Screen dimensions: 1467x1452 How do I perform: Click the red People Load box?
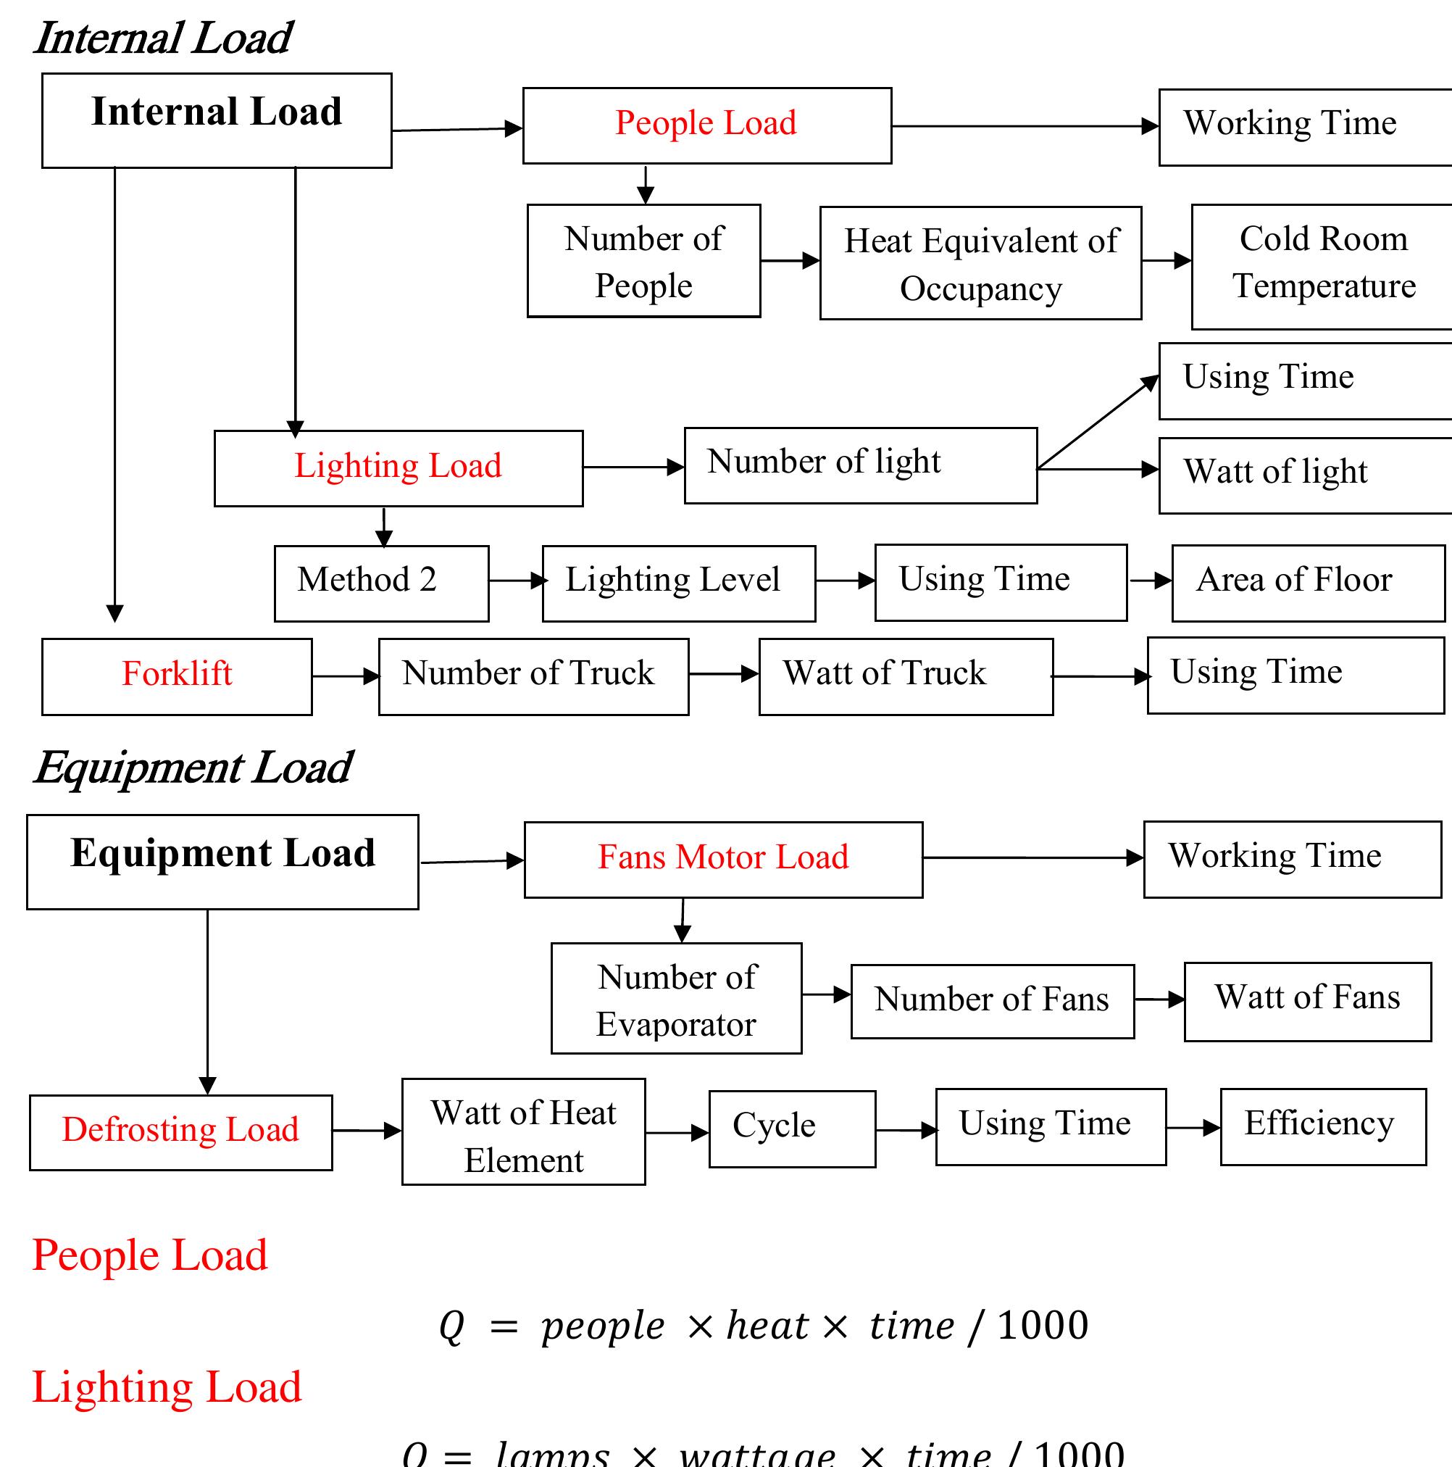pyautogui.click(x=706, y=125)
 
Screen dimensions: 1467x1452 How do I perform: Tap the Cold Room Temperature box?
pyautogui.click(x=1323, y=265)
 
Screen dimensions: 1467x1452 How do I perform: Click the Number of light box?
pyautogui.click(x=860, y=465)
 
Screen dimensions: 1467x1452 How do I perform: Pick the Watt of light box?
pyautogui.click(x=1304, y=475)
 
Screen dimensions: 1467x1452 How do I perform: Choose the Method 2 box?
pyautogui.click(x=381, y=583)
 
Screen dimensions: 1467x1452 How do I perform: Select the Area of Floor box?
pyautogui.click(x=1307, y=583)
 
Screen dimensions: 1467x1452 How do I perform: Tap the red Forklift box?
pyautogui.click(x=177, y=676)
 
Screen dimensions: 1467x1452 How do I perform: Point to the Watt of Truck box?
pyautogui.click(x=905, y=676)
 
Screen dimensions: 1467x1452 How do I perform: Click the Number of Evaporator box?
pyautogui.click(x=675, y=998)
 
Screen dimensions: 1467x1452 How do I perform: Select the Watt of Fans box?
pyautogui.click(x=1306, y=1001)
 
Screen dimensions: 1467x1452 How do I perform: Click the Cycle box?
pyautogui.click(x=791, y=1129)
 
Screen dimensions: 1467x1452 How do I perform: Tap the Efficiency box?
pyautogui.click(x=1322, y=1126)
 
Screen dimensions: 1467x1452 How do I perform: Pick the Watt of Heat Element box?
pyautogui.click(x=523, y=1131)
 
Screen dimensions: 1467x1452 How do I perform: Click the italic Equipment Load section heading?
pyautogui.click(x=193, y=768)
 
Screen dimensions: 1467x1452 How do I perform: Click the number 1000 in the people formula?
pyautogui.click(x=1042, y=1325)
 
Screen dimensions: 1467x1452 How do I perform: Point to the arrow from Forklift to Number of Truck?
pyautogui.click(x=346, y=676)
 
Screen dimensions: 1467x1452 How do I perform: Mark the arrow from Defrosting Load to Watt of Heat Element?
pyautogui.click(x=367, y=1131)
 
